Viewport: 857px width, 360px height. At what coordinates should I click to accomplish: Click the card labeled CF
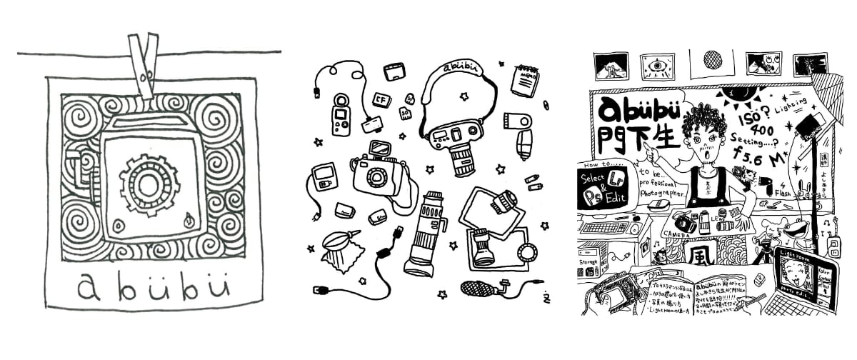click(x=381, y=99)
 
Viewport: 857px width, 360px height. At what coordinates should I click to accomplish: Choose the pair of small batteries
click(x=533, y=183)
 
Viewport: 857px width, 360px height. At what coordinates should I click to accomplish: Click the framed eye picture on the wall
click(x=657, y=65)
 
